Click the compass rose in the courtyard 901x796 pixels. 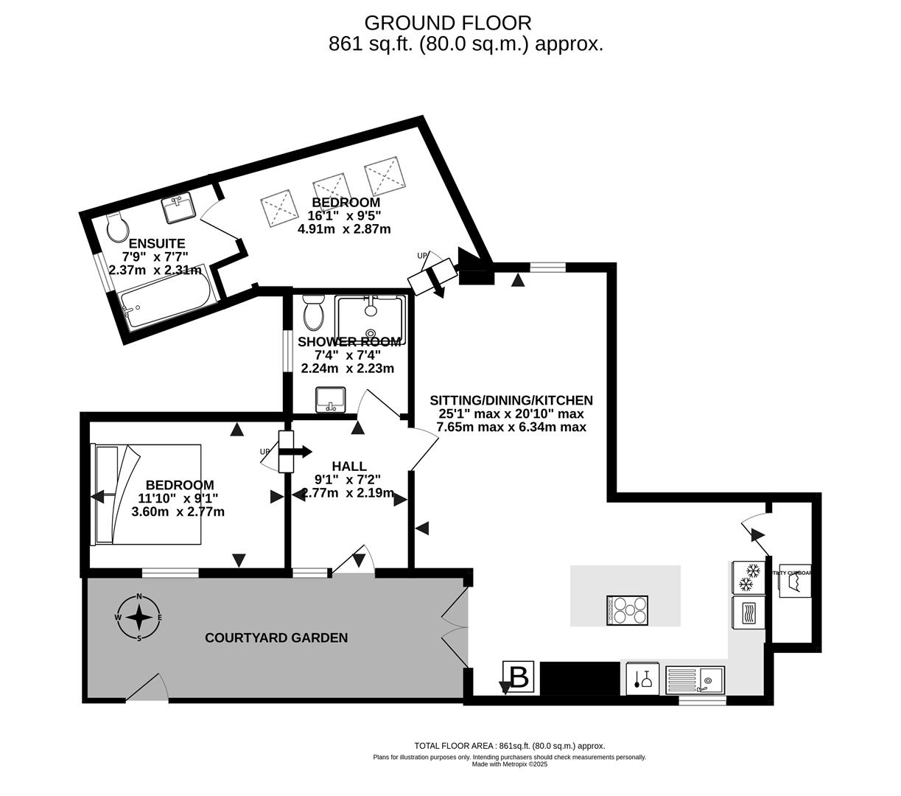139,617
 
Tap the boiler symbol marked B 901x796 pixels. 519,677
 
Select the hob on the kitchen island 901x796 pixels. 628,610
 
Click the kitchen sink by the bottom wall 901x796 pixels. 695,679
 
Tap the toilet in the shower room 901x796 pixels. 314,313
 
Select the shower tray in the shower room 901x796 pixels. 370,319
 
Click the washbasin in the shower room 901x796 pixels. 331,400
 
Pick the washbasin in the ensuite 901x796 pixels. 179,208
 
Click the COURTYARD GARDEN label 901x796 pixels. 276,638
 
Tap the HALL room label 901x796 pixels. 349,466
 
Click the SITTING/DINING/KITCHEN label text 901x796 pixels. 511,400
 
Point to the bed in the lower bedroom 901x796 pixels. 146,494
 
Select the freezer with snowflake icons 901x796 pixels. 749,577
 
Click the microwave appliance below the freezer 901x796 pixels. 749,612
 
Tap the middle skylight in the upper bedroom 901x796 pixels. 331,192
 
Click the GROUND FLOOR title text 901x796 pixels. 447,24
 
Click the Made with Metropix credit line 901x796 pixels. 509,764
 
